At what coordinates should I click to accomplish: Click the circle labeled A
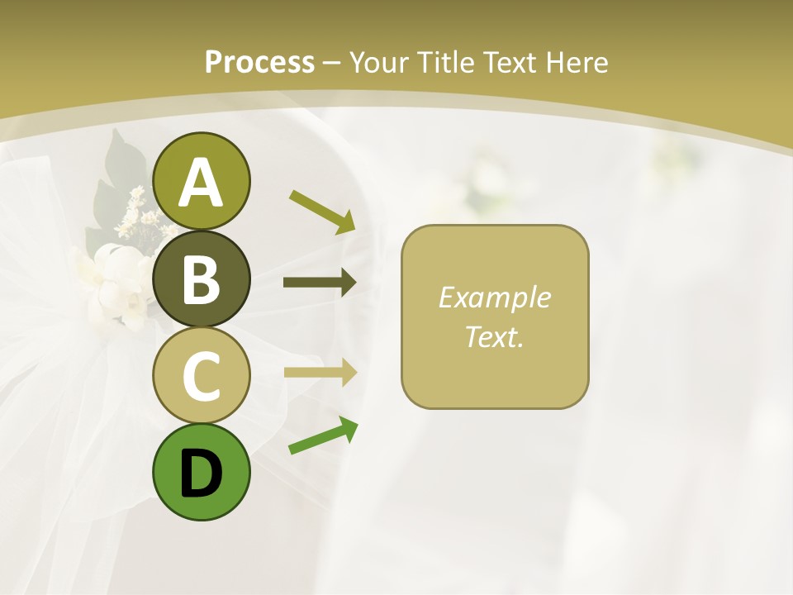(201, 181)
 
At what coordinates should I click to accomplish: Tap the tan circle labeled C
(201, 375)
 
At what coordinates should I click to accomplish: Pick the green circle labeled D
(201, 472)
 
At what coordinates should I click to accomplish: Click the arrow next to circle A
(322, 212)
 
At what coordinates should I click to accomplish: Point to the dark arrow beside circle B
(320, 283)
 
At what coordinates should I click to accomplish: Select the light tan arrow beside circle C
(320, 372)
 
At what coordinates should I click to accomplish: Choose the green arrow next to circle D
(323, 436)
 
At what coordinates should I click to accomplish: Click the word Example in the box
(494, 297)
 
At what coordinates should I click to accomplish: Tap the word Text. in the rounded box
(494, 336)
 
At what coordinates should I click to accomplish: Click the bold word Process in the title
(259, 62)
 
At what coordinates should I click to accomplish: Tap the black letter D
(201, 474)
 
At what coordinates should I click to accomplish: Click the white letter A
(201, 183)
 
